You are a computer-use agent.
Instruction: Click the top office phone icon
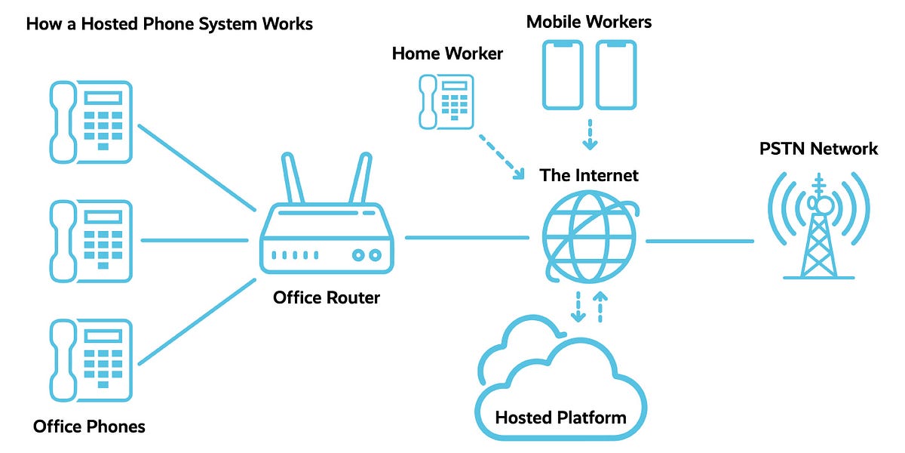click(x=90, y=122)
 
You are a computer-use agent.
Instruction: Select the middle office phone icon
click(x=90, y=241)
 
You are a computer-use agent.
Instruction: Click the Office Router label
click(x=327, y=297)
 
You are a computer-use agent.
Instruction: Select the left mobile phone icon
click(x=563, y=75)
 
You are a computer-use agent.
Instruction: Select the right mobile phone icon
click(x=616, y=75)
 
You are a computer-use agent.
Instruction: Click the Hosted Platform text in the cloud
click(x=560, y=417)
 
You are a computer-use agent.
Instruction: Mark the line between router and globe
click(x=468, y=238)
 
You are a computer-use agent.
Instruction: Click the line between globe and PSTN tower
click(x=700, y=242)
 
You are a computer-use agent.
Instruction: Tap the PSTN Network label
click(x=818, y=149)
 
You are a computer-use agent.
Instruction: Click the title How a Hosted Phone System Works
click(x=169, y=23)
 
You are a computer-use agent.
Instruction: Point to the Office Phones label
click(x=89, y=427)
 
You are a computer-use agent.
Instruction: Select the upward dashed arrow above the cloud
click(x=601, y=307)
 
